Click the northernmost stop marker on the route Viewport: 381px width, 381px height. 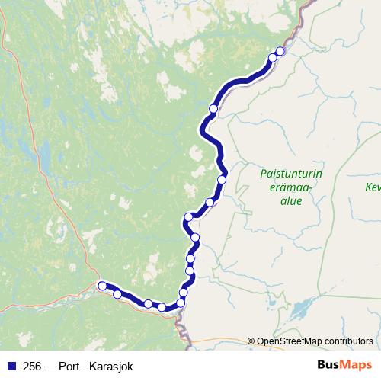(x=280, y=51)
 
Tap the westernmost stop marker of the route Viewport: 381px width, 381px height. (x=101, y=286)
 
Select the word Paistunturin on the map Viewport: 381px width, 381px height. (x=291, y=174)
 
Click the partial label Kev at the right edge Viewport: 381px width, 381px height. (x=373, y=187)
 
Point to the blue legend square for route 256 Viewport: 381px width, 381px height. (x=11, y=365)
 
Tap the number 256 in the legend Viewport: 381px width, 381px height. (x=33, y=365)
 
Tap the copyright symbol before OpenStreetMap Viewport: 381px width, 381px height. (x=251, y=341)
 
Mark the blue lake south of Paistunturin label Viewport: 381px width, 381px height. (x=299, y=309)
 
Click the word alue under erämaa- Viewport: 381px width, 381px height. (x=291, y=201)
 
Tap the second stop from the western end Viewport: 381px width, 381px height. (x=117, y=293)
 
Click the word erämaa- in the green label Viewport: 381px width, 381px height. (x=291, y=187)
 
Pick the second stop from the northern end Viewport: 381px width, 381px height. (x=273, y=57)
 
